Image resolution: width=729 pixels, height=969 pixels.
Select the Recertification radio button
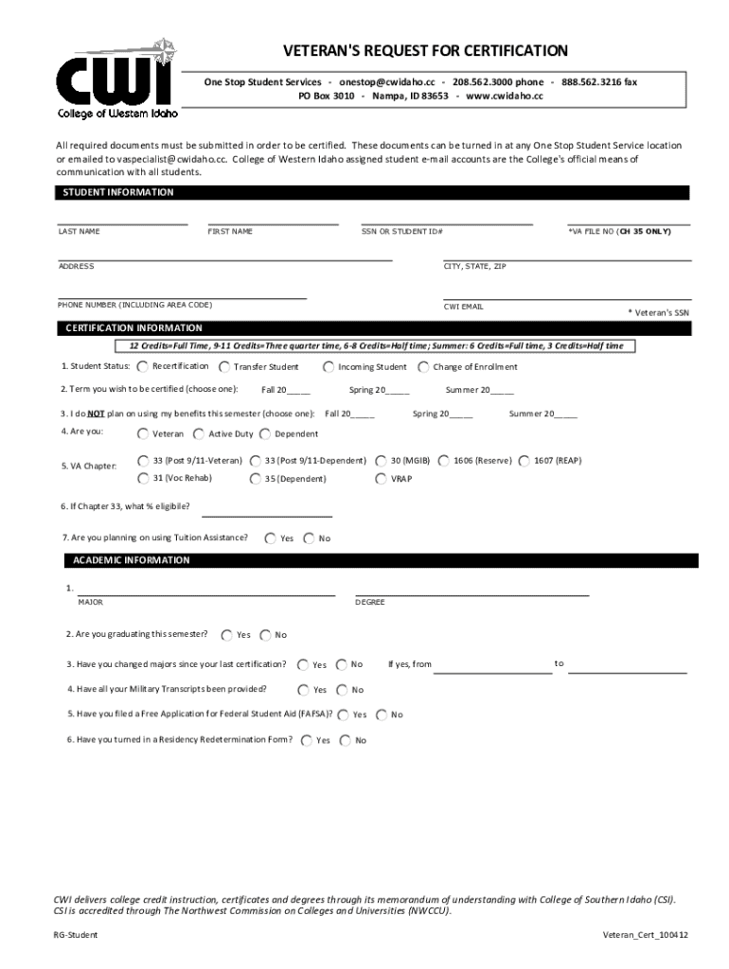142,366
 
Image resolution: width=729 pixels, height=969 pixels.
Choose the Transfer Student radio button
224,366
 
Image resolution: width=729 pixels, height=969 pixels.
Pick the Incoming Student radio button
328,366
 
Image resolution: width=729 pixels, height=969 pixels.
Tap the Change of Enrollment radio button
423,366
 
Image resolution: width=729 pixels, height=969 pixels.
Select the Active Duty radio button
198,434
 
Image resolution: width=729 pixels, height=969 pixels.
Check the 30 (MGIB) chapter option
381,461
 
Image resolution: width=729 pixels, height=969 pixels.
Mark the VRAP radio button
381,479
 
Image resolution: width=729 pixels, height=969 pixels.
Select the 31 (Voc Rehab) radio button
142,479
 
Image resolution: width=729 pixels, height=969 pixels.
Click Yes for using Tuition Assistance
271,538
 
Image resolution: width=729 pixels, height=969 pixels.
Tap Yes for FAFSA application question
345,714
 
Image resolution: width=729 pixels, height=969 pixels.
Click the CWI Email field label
464,307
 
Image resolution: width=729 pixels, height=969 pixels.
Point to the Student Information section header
118,192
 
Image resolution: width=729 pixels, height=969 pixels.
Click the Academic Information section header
132,560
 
